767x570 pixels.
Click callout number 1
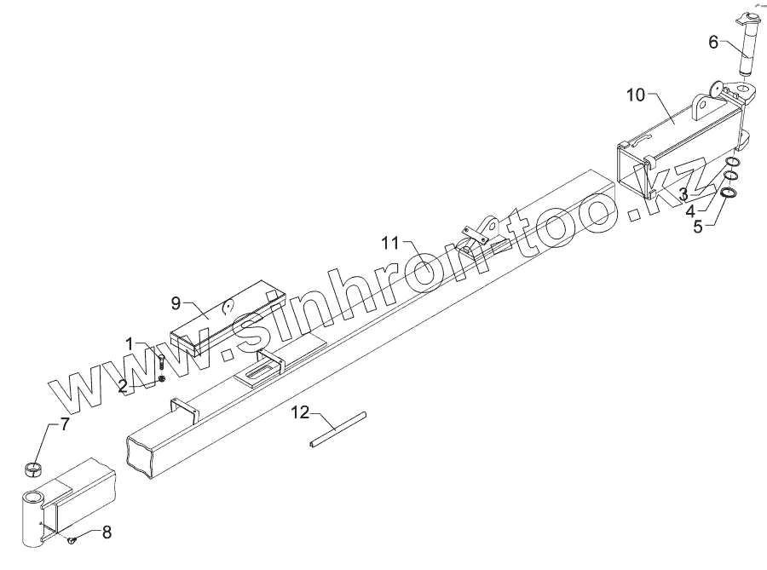130,344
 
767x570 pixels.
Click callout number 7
65,425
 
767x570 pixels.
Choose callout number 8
107,533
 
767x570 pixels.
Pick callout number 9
176,302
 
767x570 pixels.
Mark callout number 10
637,95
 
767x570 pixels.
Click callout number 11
390,244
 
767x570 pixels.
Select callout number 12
299,414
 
